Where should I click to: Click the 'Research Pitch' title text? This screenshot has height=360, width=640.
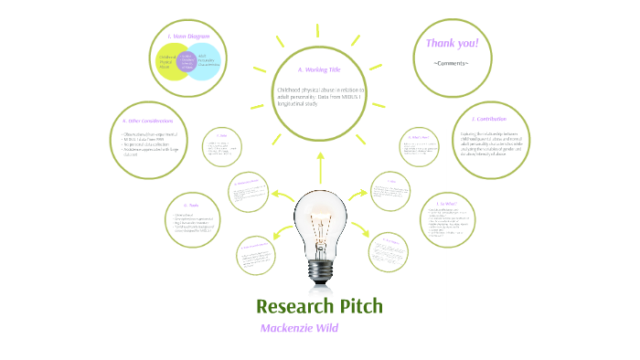(319, 305)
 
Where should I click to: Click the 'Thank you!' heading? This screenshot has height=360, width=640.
(452, 44)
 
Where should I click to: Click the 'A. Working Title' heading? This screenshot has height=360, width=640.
(319, 69)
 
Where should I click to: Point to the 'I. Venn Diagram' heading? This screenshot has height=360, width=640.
(189, 37)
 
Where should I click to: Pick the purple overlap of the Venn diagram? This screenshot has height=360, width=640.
(188, 62)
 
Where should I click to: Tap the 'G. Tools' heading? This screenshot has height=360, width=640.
(192, 206)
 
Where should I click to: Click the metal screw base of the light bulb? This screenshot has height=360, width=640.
(319, 270)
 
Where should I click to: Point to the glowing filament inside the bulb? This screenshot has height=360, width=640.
(319, 223)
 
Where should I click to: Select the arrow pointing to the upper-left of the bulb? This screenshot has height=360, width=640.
(279, 196)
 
